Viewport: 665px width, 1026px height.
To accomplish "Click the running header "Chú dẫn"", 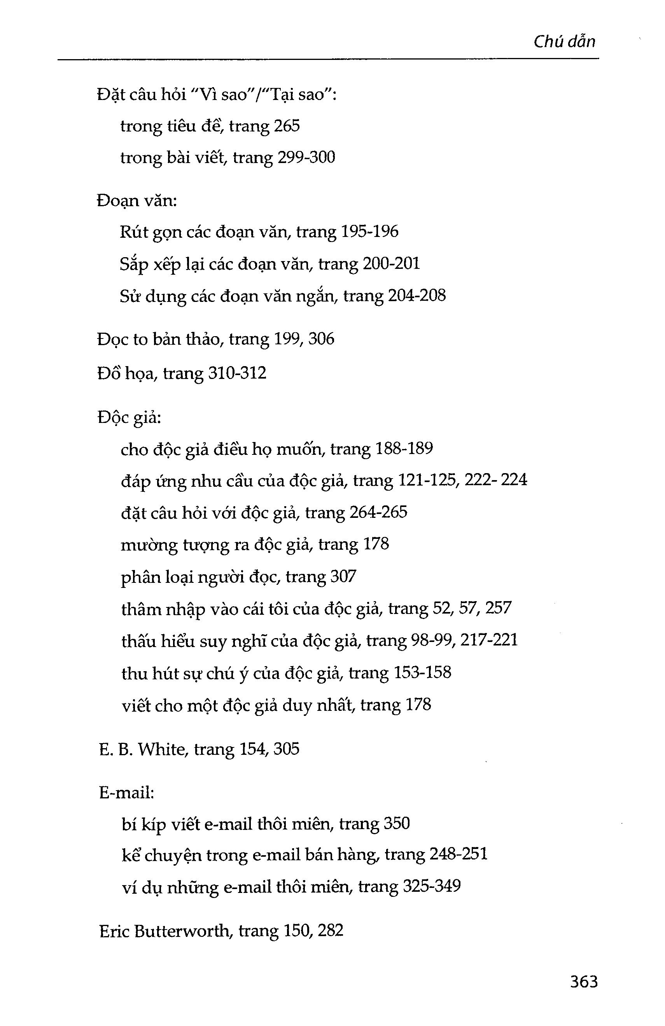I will tap(564, 42).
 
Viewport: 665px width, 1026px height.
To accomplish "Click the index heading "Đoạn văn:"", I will tap(136, 201).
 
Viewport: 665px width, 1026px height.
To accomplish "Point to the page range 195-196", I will tap(369, 232).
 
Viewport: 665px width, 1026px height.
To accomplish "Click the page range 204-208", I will tap(417, 296).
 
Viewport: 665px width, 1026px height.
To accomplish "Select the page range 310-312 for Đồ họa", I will tap(237, 373).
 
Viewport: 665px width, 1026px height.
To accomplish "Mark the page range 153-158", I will tap(422, 672).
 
